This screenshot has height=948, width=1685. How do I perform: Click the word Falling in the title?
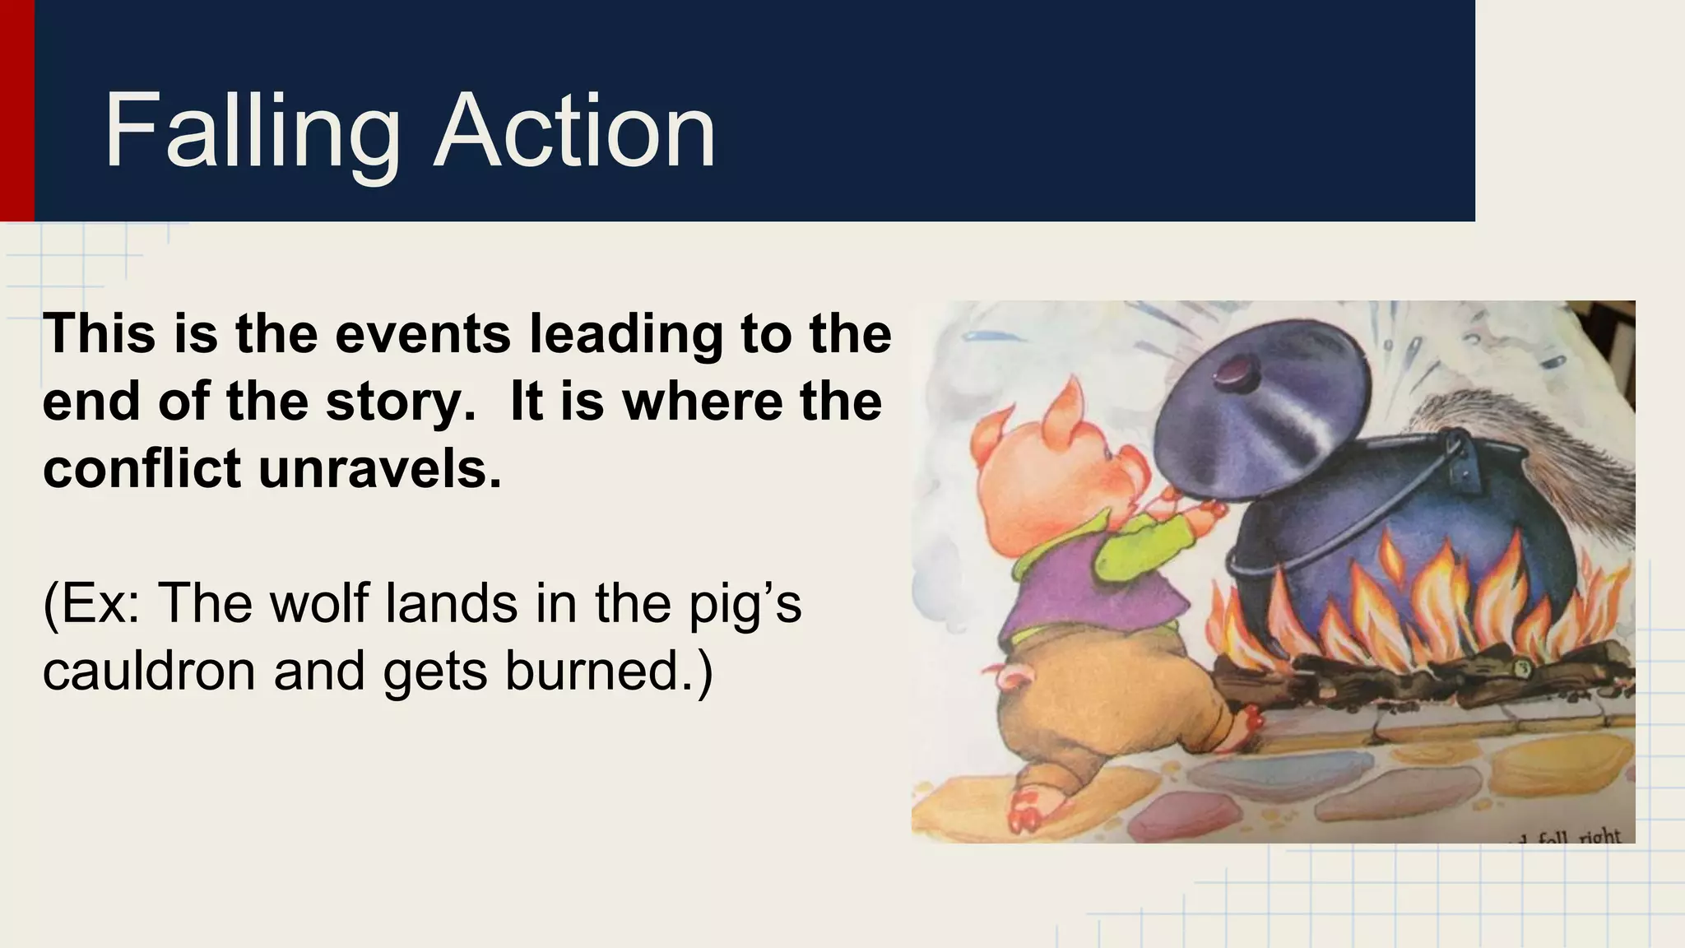coord(251,132)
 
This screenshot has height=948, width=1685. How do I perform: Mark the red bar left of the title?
coord(16,110)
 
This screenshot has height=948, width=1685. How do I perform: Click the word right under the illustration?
coord(1599,836)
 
